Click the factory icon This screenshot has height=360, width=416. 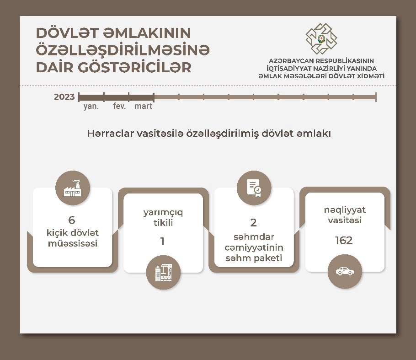pos(73,188)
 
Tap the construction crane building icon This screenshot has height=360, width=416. pos(164,273)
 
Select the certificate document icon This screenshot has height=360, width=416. pos(254,188)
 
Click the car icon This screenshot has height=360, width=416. pos(345,271)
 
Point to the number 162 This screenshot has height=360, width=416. pos(344,240)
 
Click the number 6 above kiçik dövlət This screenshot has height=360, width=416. pos(72,220)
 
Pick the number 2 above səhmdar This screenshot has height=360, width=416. pos(253,222)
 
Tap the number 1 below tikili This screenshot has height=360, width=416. pos(162,241)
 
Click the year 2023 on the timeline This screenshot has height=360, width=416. pos(64,97)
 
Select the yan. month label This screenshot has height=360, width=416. pos(91,106)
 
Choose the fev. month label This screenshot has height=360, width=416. pos(119,106)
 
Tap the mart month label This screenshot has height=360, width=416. pos(143,106)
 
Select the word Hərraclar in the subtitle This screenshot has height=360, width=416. pos(110,133)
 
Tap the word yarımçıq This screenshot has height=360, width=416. pos(163,212)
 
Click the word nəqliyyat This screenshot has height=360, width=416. pos(345,210)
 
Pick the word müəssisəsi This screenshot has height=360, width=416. pos(73,243)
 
